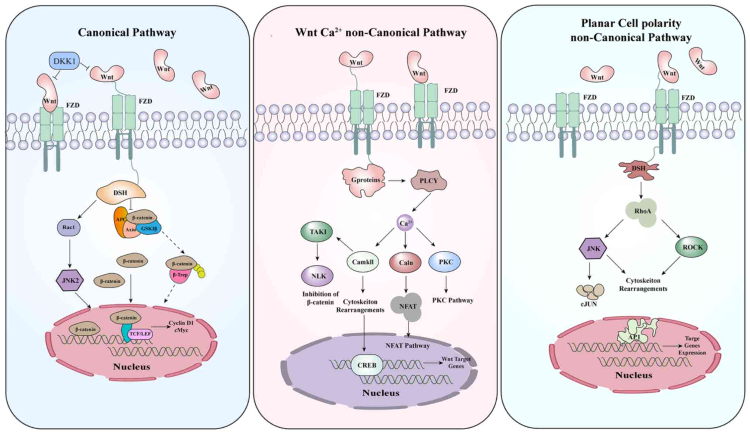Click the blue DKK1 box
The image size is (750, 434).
64,61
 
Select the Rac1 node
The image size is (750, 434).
69,228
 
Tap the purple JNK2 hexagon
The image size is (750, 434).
70,281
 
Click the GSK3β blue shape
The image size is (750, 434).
150,229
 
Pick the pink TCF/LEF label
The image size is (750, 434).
140,334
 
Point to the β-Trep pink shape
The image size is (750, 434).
180,276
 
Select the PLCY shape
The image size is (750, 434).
428,181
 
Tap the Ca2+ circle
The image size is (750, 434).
405,223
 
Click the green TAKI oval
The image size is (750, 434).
317,232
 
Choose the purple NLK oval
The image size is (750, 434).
318,276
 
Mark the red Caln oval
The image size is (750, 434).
405,263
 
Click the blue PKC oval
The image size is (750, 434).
445,262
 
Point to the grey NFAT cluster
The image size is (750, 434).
407,306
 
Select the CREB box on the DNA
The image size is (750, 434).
367,365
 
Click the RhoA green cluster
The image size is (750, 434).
642,212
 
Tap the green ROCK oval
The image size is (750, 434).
692,247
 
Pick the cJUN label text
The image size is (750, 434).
589,304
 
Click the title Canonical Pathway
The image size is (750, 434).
127,32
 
